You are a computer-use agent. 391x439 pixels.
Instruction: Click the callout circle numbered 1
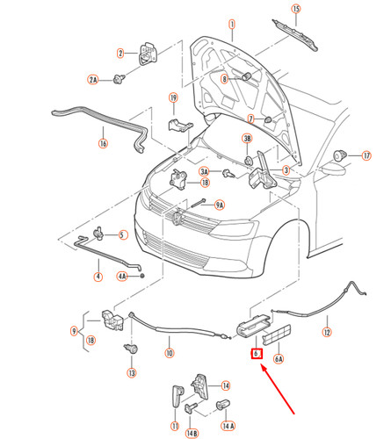[x=231, y=25]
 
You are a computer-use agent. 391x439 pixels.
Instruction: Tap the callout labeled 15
[x=296, y=10]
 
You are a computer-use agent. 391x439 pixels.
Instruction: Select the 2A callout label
[x=93, y=79]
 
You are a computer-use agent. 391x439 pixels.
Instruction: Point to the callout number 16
[x=102, y=143]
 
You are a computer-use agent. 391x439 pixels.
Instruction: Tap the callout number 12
[x=326, y=333]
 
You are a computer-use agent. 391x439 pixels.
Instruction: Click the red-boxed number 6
[x=256, y=354]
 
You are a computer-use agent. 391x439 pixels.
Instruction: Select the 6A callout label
[x=279, y=358]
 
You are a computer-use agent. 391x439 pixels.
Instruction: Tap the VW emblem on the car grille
[x=179, y=217]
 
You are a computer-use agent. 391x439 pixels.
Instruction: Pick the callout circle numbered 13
[x=131, y=373]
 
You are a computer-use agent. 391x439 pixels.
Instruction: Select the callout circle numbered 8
[x=223, y=80]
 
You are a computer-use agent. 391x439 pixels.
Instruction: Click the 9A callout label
[x=219, y=205]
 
